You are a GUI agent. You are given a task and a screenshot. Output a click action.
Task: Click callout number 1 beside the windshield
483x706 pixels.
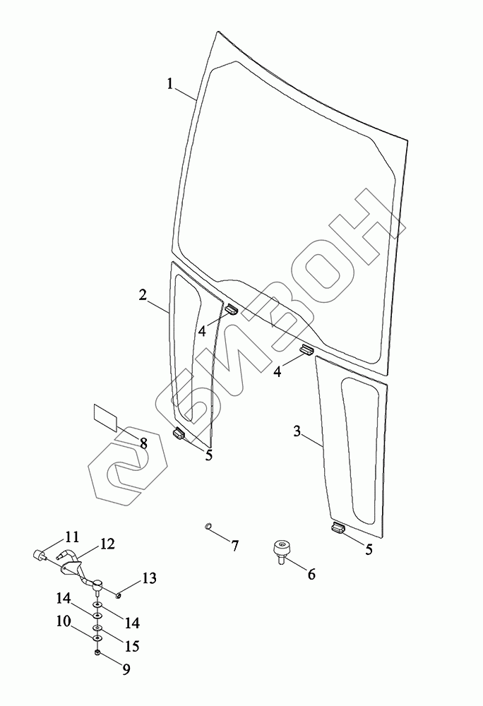(170, 84)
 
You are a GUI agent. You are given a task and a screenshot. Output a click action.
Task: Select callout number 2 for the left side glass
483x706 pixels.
(143, 295)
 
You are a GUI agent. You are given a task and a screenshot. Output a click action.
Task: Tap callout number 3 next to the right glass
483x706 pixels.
(297, 431)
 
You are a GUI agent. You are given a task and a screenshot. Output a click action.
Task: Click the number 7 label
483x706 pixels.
(234, 546)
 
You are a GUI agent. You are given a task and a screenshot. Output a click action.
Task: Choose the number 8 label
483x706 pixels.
(143, 443)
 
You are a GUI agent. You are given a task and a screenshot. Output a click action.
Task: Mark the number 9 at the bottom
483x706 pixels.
(126, 669)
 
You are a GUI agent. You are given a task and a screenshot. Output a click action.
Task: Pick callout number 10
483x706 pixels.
(64, 621)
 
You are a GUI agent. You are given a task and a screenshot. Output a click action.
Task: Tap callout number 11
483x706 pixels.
(72, 537)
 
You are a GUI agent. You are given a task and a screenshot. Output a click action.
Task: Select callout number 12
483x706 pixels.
(107, 544)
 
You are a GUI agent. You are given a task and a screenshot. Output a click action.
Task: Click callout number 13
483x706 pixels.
(149, 578)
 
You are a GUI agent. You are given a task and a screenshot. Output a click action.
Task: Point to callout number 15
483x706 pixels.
(132, 646)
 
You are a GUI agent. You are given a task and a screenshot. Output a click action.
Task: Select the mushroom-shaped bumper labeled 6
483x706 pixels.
(281, 552)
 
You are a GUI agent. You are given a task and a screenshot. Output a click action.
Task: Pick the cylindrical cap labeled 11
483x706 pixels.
(39, 555)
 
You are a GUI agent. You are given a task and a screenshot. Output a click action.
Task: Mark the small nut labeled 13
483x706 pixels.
(117, 596)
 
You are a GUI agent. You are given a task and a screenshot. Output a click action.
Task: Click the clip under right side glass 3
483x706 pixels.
(338, 528)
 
